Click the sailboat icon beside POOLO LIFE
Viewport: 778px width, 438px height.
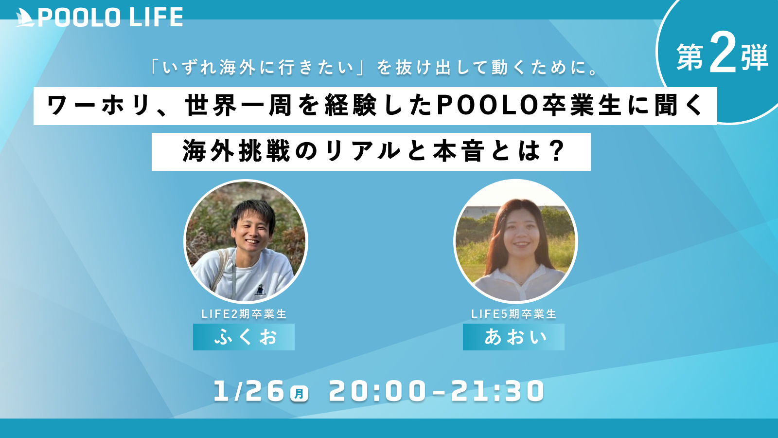point(25,18)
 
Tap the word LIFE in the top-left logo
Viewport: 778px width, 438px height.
point(156,18)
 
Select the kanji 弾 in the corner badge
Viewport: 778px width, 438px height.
point(754,57)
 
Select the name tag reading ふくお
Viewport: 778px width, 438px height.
point(244,337)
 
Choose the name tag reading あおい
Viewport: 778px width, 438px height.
point(513,337)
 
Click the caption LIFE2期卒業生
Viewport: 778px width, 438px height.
point(244,314)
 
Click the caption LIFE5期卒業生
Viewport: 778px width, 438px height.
point(513,314)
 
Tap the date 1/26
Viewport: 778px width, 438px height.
point(249,391)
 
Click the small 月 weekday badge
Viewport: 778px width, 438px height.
point(299,394)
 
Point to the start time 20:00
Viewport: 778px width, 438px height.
point(377,391)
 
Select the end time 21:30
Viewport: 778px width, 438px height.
point(498,391)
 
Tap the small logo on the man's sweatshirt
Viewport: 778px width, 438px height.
point(260,290)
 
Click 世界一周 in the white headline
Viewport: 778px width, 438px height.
point(238,106)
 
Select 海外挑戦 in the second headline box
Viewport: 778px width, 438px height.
point(236,151)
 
